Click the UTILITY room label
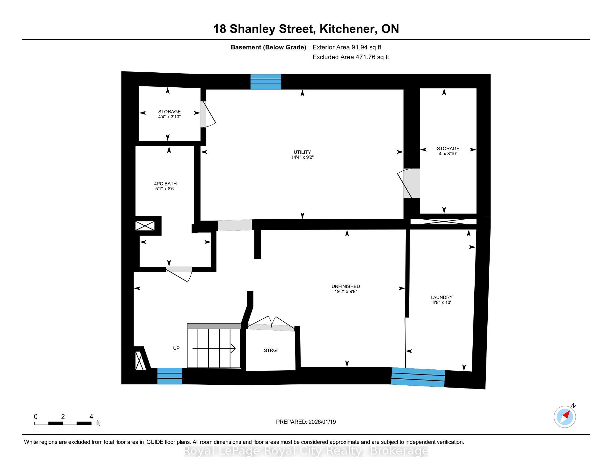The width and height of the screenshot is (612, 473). coord(302,152)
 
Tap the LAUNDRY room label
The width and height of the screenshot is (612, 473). coord(441,297)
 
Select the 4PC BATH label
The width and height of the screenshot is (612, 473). coord(165,184)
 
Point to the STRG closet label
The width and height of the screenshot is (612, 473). coord(270,350)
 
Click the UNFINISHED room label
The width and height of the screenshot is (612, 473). coord(346,286)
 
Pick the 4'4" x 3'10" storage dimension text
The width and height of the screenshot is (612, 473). coord(169,117)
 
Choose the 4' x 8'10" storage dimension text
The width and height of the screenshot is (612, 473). coord(448,154)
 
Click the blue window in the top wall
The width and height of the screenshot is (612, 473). coord(266,82)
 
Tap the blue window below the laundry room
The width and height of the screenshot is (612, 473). coord(418,377)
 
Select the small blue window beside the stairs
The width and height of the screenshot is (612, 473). coord(170,376)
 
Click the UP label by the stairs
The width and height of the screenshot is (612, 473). coord(176,348)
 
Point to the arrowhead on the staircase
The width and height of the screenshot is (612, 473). coord(233,348)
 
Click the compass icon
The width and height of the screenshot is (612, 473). coord(565,417)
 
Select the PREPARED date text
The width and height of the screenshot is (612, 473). coord(306,422)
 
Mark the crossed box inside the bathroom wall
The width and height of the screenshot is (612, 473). coord(145,226)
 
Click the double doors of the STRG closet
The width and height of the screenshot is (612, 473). coord(271,323)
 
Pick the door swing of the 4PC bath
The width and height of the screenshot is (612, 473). coord(179,274)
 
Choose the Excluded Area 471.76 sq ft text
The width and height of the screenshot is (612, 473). coord(351,57)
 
